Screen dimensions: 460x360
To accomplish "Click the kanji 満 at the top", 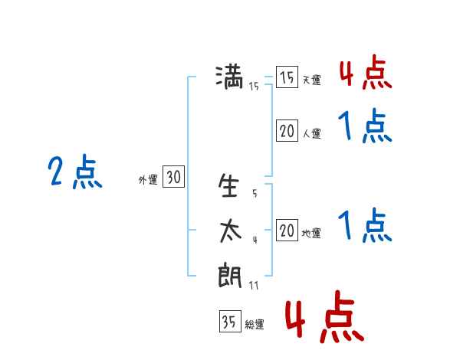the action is point(229,77).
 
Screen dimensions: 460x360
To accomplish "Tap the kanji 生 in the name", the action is point(228,185).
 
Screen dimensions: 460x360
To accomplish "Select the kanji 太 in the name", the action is point(230,231).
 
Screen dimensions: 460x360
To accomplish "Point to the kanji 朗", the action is point(230,275).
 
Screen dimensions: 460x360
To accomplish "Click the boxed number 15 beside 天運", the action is point(287,77).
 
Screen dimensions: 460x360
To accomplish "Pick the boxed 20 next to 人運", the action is point(287,130).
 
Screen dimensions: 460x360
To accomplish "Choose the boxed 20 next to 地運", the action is point(287,230).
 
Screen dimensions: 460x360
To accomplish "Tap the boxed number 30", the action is point(173,176).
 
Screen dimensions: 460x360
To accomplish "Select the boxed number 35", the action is point(230,321).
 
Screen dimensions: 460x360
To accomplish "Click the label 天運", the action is point(312,80).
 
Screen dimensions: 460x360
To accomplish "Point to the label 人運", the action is point(312,133).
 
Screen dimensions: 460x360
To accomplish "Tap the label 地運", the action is point(311,233).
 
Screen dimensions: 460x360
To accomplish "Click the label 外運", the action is point(148,180).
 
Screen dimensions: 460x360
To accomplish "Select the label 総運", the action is point(255,324).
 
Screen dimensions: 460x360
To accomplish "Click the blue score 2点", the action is point(75,172).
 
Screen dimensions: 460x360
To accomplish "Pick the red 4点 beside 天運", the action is point(366,72).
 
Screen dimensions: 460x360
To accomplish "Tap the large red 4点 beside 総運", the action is point(324,316).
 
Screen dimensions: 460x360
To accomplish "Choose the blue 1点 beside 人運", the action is point(365,126).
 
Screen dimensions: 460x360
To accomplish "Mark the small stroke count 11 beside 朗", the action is point(254,285).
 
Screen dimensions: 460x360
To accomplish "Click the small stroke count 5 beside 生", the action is point(255,193).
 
